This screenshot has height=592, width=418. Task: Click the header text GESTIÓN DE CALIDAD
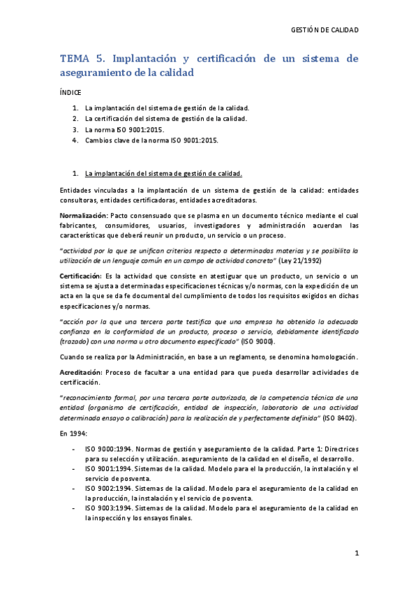(324, 30)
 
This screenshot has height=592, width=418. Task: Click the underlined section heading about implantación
(163, 173)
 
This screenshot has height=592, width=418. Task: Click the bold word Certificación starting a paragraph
(80, 277)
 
